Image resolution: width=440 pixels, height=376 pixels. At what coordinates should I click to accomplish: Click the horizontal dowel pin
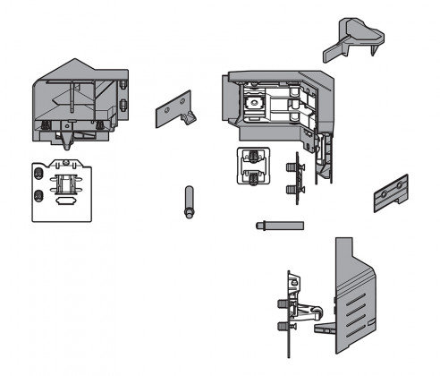(x=272, y=225)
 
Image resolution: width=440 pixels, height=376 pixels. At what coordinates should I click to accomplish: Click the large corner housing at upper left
(x=79, y=100)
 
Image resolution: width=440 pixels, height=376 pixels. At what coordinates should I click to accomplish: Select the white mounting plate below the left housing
(x=63, y=188)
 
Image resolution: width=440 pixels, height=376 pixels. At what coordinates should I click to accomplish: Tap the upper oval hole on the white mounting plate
(x=38, y=171)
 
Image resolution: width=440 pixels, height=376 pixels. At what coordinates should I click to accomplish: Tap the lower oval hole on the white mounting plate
(x=38, y=195)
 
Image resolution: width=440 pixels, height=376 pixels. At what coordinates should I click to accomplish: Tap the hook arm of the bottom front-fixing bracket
(x=309, y=311)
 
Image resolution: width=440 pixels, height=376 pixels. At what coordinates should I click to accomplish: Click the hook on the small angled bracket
(x=189, y=118)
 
